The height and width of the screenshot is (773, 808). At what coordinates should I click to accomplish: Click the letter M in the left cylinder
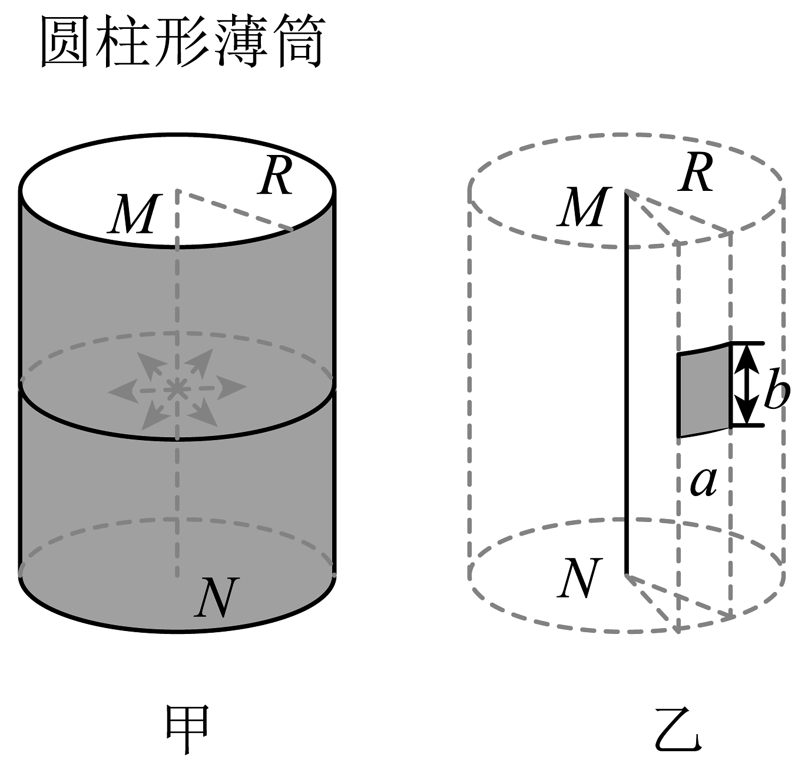133,214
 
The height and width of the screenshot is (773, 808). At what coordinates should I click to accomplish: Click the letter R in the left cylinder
276,177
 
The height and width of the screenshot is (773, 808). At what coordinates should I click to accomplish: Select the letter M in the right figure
582,208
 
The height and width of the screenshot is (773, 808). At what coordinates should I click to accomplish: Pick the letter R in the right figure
696,174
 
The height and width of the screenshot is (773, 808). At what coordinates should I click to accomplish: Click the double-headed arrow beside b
747,384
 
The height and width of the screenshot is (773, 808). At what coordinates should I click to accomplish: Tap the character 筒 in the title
300,42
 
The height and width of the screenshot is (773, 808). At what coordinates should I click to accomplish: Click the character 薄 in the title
241,42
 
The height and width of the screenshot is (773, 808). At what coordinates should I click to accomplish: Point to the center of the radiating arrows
175,388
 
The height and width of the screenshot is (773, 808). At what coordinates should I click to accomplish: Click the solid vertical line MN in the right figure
626,383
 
